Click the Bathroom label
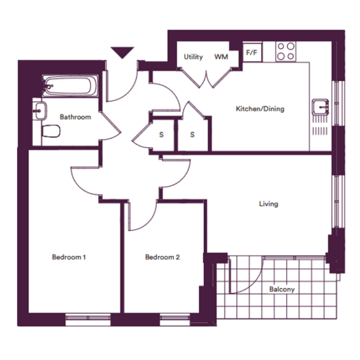[75, 117]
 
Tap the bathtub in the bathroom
[70, 86]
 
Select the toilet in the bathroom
[51, 131]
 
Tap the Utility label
[193, 57]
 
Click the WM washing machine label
[221, 57]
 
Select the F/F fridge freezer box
[252, 53]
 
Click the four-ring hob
[286, 51]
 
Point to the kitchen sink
[320, 107]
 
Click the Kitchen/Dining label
[260, 109]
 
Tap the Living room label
[269, 204]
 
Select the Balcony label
[282, 289]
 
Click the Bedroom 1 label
[69, 257]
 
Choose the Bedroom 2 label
[162, 257]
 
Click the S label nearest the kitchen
[192, 134]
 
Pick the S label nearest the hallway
[162, 134]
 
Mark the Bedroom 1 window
[88, 319]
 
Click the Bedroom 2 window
[175, 319]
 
